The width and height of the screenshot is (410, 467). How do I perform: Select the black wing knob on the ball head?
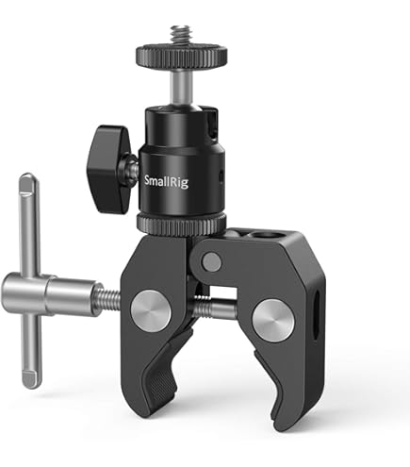click(113, 164)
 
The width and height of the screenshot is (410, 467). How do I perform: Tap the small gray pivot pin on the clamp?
click(213, 261)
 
